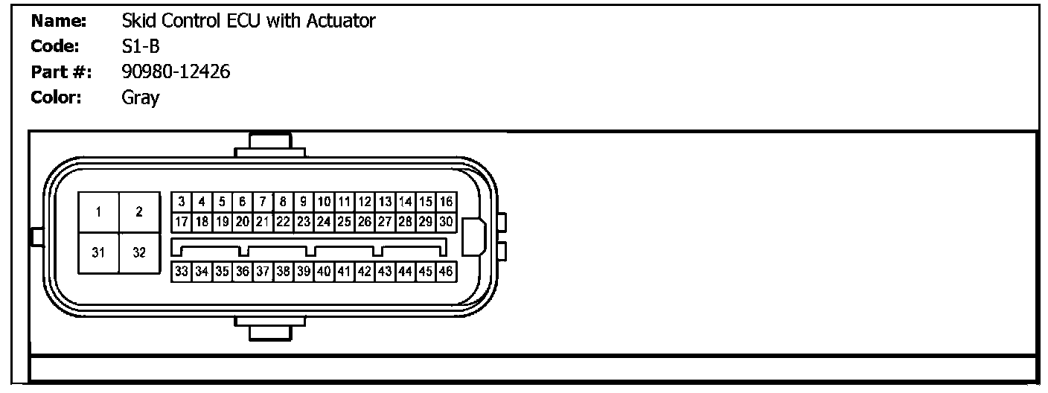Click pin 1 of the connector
[x=98, y=212]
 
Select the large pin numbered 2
[x=139, y=212]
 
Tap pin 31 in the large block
[x=98, y=252]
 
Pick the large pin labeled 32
[x=139, y=252]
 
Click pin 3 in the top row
[x=182, y=202]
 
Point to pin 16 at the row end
[x=446, y=202]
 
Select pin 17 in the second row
[x=182, y=221]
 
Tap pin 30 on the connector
[x=446, y=221]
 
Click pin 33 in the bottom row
[x=182, y=272]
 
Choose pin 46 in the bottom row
[x=446, y=272]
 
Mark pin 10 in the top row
[x=324, y=202]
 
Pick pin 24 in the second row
[x=324, y=221]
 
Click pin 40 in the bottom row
[x=324, y=272]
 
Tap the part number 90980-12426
[x=176, y=71]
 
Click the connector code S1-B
[x=141, y=46]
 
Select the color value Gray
[x=141, y=98]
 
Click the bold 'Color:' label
[x=56, y=97]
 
